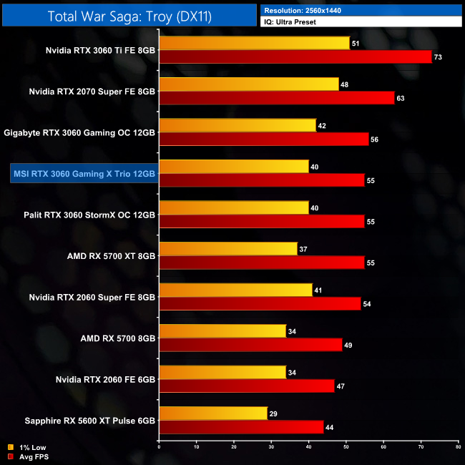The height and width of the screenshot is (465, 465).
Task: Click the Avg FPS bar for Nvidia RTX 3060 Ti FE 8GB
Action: (295, 57)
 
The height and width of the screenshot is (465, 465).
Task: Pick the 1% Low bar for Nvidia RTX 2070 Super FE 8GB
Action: (249, 84)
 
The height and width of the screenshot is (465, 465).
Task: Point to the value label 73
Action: (438, 57)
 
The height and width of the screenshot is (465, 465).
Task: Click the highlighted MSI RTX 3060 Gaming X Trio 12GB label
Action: (84, 174)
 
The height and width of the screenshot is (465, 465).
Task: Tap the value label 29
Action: (274, 414)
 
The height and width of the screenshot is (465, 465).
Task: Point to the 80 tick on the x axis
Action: (457, 447)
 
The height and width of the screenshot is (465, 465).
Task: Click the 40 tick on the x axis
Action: (308, 447)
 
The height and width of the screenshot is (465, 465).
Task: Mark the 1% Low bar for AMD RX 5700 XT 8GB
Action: (228, 248)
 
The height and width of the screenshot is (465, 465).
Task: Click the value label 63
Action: (401, 98)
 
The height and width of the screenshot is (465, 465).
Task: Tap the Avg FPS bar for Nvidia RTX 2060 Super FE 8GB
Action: (260, 303)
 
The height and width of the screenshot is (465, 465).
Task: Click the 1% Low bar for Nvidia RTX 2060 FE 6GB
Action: (222, 372)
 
